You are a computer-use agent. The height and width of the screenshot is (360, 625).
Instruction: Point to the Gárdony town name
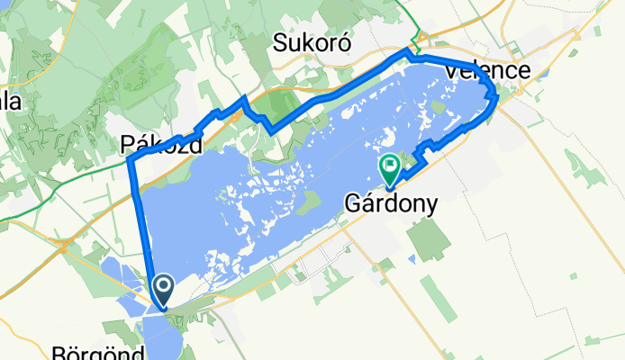click(x=391, y=204)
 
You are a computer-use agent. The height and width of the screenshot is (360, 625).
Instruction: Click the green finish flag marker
click(x=390, y=166)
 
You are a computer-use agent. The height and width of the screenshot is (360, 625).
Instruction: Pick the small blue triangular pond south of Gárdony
click(x=411, y=259)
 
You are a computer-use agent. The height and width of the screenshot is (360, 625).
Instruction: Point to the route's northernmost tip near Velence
click(x=407, y=55)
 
